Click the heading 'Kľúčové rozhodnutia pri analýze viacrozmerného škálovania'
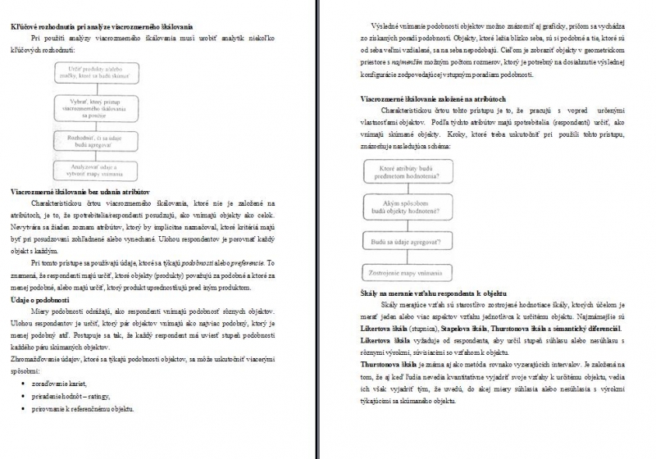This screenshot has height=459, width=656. click(112, 28)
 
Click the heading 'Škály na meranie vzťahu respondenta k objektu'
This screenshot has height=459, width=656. click(433, 293)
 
